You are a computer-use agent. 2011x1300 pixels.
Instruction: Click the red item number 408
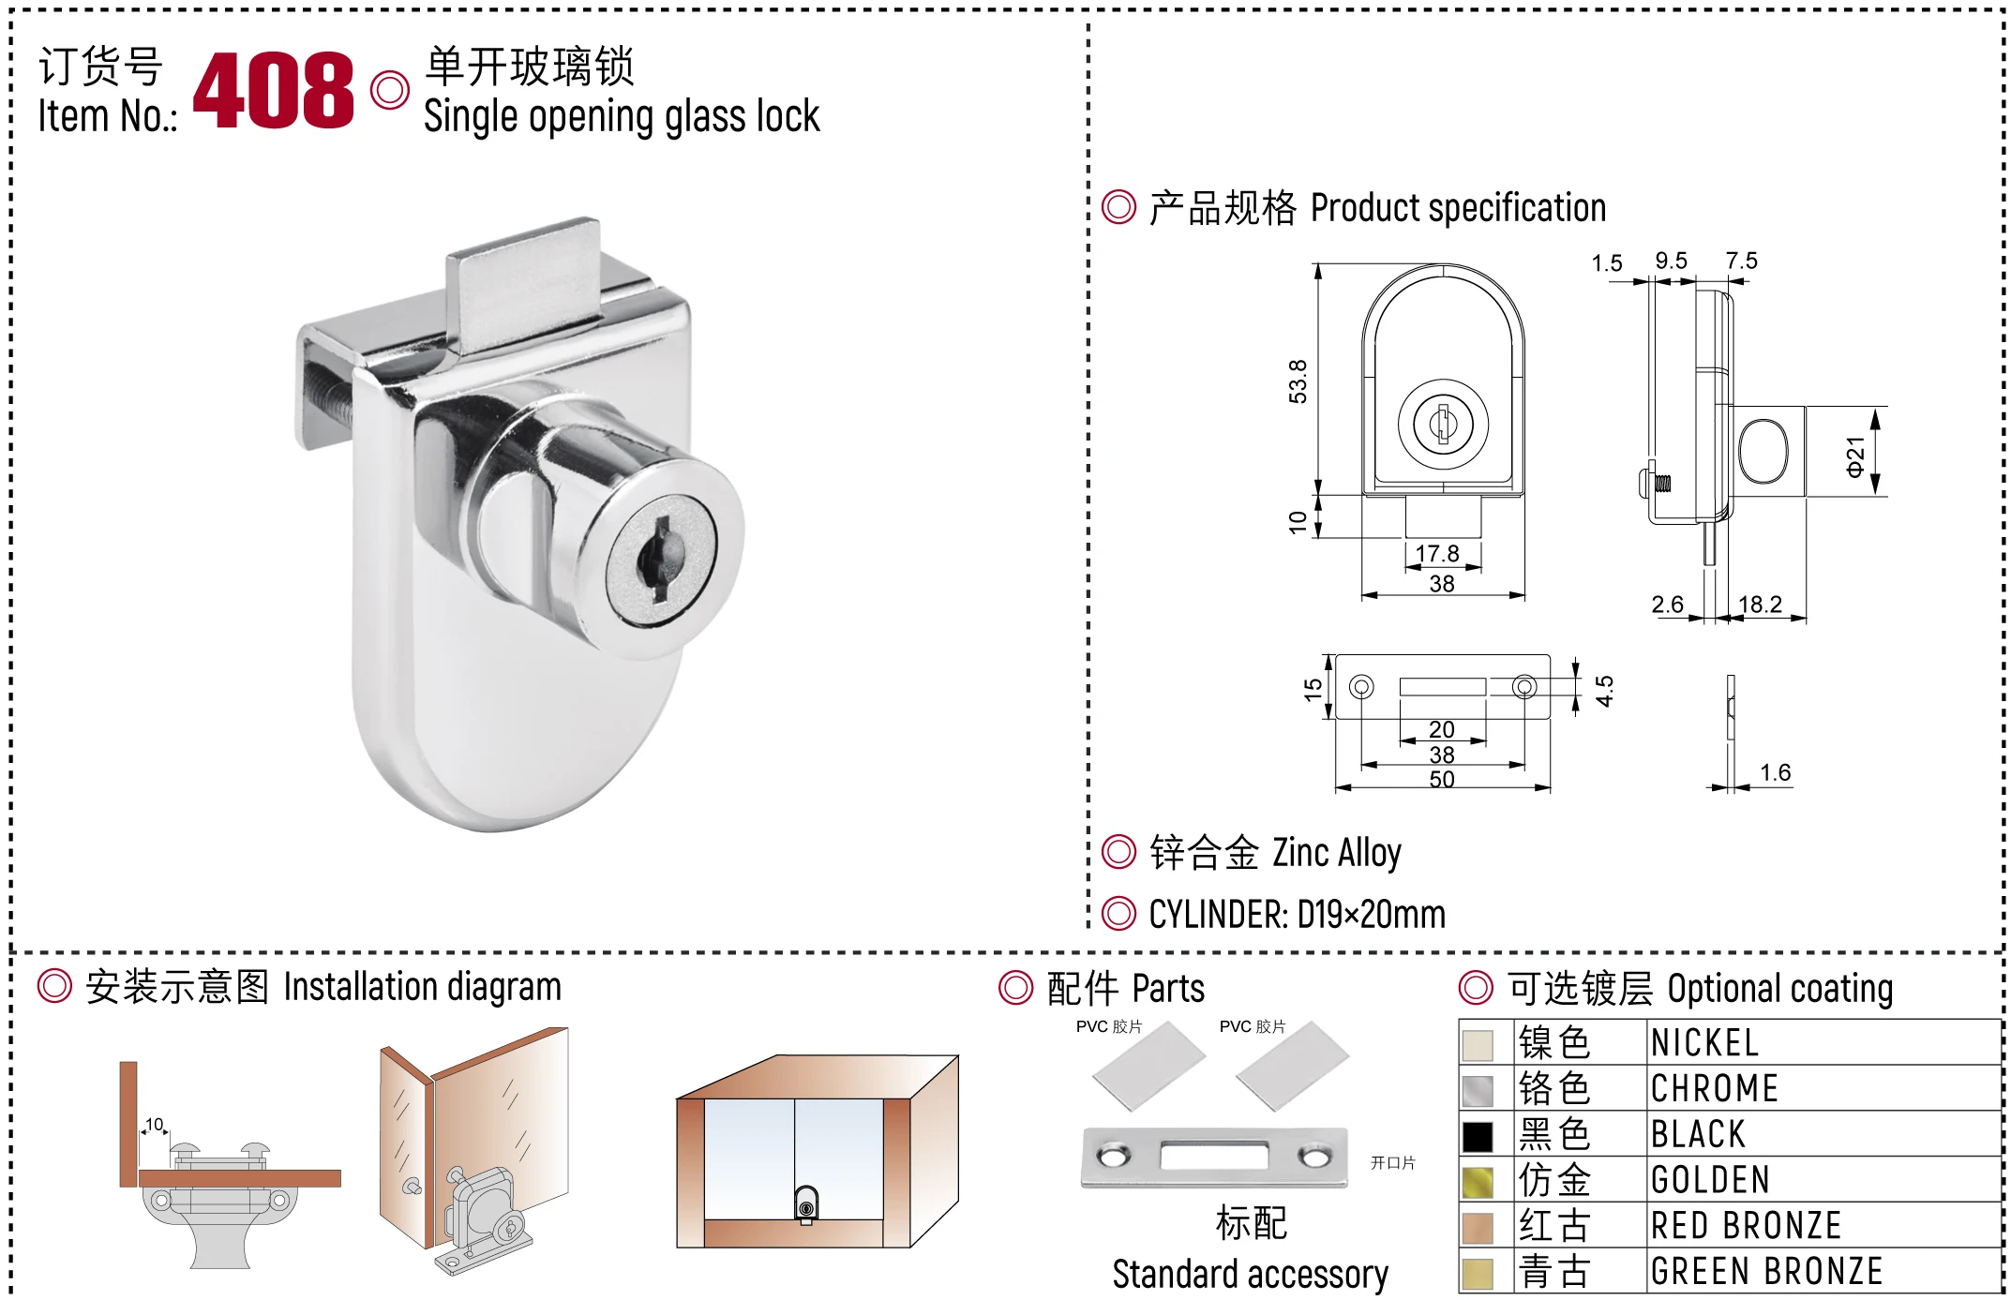[273, 90]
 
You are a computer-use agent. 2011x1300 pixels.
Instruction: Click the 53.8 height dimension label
[1298, 381]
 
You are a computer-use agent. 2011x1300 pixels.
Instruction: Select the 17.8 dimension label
[1437, 554]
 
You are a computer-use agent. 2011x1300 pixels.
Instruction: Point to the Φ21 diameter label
[1854, 456]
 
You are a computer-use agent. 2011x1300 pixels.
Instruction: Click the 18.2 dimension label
[1760, 605]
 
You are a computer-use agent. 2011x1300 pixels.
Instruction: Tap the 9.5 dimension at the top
[1671, 261]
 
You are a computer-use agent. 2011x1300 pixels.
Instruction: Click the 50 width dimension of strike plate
[1442, 779]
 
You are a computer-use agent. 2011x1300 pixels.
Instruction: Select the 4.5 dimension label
[1604, 691]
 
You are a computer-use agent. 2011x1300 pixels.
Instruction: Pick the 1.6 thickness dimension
[1775, 772]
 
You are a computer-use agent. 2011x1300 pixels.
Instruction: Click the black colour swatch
[1478, 1136]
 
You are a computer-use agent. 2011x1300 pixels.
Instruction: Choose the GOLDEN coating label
[1710, 1180]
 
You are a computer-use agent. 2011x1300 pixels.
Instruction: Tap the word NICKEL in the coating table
[1704, 1043]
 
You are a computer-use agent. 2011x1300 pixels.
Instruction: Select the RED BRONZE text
[1746, 1226]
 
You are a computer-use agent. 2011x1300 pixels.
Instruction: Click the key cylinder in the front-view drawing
[1443, 424]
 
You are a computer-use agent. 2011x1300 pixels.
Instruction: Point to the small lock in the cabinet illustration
[806, 1204]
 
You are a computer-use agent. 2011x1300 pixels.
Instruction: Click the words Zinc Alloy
[1336, 853]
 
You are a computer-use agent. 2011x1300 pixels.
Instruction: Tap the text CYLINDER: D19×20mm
[1297, 915]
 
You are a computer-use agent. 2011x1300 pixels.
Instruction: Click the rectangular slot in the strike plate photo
[1214, 1156]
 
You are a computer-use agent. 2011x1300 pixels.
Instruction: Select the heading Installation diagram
[422, 987]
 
